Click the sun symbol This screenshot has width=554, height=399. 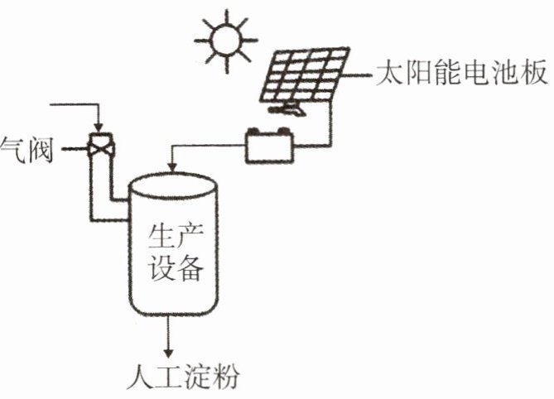[x=226, y=41]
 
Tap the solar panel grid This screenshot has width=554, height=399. [x=305, y=75]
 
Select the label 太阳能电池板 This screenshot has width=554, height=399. [x=462, y=73]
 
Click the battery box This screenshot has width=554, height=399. [x=270, y=147]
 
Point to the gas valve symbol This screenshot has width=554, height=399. [x=101, y=146]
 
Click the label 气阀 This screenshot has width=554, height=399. [x=26, y=149]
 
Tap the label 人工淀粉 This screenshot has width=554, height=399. [x=183, y=377]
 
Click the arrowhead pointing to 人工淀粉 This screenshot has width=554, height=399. [x=169, y=353]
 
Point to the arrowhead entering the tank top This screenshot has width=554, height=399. [x=172, y=167]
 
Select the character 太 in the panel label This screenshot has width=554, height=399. [x=390, y=73]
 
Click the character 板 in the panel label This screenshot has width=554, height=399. [x=534, y=73]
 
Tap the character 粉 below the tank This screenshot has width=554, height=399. [x=225, y=377]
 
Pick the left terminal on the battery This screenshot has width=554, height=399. [x=253, y=132]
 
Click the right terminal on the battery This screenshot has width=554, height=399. [x=282, y=132]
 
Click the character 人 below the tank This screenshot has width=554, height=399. [x=141, y=377]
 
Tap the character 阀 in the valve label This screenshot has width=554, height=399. [x=41, y=149]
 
